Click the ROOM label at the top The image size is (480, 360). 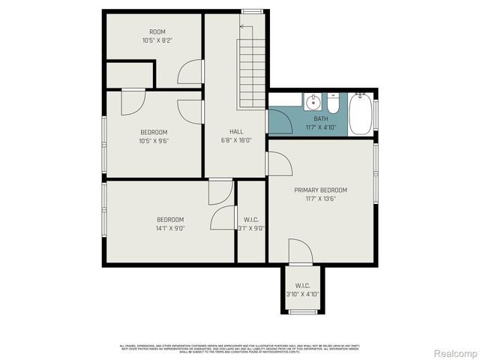pyautogui.click(x=157, y=31)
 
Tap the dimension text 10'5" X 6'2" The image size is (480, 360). pyautogui.click(x=157, y=40)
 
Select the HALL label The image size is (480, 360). pyautogui.click(x=236, y=132)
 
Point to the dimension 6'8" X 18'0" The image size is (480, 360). pyautogui.click(x=236, y=140)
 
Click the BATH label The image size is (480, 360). pyautogui.click(x=321, y=119)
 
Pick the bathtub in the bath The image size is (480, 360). pyautogui.click(x=361, y=113)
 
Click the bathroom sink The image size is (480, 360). pyautogui.click(x=314, y=101)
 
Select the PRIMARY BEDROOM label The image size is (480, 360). pyautogui.click(x=320, y=190)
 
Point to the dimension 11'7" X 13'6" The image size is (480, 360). pyautogui.click(x=320, y=199)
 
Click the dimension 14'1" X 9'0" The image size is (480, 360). pyautogui.click(x=170, y=228)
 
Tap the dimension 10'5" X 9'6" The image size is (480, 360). pyautogui.click(x=153, y=140)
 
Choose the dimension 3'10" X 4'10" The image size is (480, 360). pyautogui.click(x=303, y=294)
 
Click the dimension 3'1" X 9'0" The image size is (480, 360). pyautogui.click(x=251, y=228)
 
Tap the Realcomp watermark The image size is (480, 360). pyautogui.click(x=456, y=352)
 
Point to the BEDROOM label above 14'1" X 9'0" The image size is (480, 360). pyautogui.click(x=170, y=219)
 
